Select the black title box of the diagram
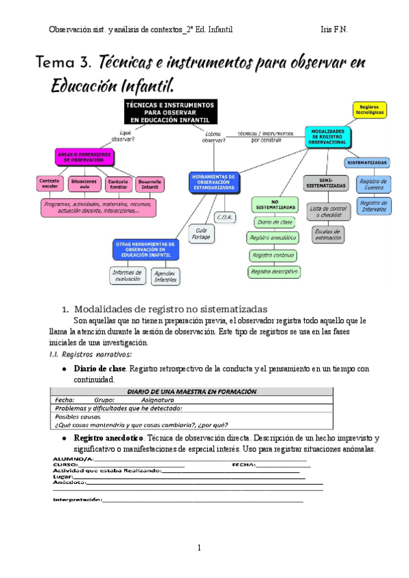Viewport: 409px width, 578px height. (171, 112)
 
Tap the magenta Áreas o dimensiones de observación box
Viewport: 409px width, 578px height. (82, 156)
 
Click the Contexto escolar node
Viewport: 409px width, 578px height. (51, 183)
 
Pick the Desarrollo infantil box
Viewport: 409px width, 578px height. (149, 183)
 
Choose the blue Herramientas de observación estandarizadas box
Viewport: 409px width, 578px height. (214, 181)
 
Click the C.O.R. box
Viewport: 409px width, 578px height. (225, 217)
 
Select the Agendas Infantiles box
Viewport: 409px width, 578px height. (165, 276)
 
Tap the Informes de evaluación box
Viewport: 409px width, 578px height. (126, 275)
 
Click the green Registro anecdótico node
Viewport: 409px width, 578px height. (273, 238)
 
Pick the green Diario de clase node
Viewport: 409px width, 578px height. (275, 222)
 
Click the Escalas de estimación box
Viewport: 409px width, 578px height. (327, 234)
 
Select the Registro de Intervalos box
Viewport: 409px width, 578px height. (374, 206)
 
